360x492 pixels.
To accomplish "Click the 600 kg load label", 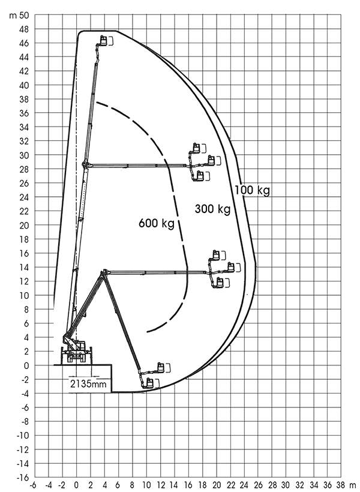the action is click(157, 223).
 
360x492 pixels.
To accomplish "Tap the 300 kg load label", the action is click(212, 209).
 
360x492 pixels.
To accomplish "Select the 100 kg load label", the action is click(253, 190).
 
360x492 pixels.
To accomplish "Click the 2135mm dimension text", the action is click(88, 384).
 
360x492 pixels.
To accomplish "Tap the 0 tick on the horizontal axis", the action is click(76, 485).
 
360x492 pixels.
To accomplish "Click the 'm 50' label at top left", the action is click(19, 16).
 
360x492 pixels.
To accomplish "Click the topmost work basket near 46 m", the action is click(103, 40).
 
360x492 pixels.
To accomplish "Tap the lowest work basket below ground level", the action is click(150, 383).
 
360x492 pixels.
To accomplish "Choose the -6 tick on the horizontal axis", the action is click(32, 485).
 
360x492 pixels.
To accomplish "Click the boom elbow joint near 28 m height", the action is click(85, 164).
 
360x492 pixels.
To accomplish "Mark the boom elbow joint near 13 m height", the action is click(104, 272).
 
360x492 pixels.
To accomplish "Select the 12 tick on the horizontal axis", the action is click(160, 485).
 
